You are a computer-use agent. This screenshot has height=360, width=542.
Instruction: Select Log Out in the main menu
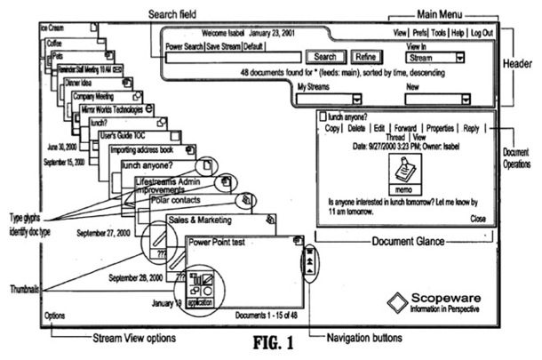click(x=483, y=33)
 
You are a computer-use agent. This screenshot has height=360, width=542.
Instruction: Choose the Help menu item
click(x=457, y=33)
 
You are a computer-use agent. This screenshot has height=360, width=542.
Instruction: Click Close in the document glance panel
click(x=478, y=218)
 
